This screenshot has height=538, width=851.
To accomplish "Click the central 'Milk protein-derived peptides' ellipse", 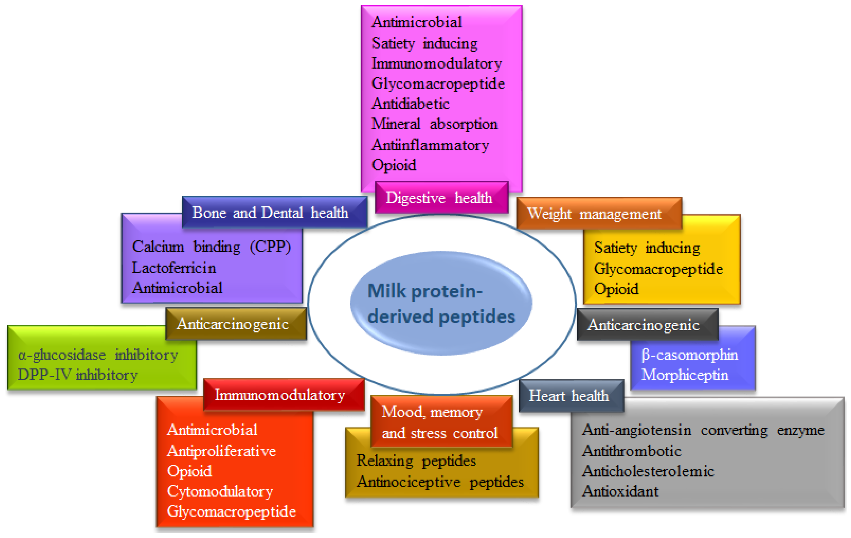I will (x=441, y=303).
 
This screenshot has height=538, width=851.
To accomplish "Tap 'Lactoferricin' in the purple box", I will (x=174, y=268).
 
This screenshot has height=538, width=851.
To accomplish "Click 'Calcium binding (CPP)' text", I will (x=211, y=247).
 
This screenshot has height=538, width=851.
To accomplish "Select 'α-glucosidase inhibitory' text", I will (x=98, y=355).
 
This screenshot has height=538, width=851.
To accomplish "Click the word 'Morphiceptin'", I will (x=685, y=375).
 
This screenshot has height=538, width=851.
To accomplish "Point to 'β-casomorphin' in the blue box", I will (x=689, y=355).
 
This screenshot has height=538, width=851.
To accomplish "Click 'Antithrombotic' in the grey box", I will (x=632, y=451).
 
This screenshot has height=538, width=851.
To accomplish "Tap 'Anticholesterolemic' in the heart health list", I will (x=648, y=471).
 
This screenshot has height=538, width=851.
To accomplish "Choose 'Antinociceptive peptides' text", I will (x=440, y=482).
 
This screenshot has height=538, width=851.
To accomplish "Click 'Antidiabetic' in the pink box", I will (x=410, y=104).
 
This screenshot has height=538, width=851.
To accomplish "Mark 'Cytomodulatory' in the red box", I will (x=220, y=491).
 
